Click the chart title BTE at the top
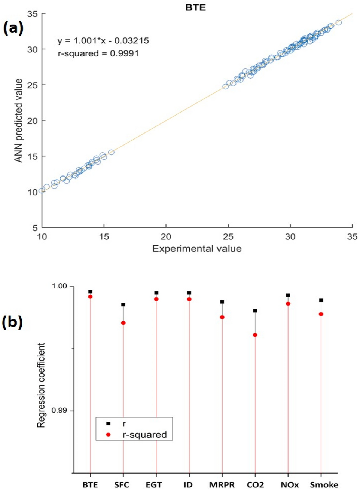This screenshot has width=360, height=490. [x=195, y=7]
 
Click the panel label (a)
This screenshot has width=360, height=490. [x=13, y=28]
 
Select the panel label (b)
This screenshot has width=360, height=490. [x=12, y=322]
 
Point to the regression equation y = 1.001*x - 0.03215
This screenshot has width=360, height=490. [x=103, y=40]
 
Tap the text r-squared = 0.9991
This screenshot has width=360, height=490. [x=98, y=53]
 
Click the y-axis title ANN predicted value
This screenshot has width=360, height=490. [x=18, y=120]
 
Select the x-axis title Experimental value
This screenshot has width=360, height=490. [x=197, y=249]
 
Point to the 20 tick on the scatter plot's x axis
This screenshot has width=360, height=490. [x=166, y=236]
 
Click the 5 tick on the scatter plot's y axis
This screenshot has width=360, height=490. [x=34, y=227]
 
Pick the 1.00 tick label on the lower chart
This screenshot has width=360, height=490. [x=59, y=286]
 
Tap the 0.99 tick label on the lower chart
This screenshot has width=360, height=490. [x=59, y=410]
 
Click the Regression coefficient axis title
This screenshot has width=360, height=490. [x=41, y=385]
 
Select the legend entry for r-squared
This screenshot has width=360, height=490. [x=144, y=435]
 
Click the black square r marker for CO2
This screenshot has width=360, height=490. [x=255, y=310]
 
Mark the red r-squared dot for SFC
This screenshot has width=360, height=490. [x=123, y=323]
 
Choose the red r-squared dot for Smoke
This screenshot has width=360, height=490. [x=321, y=314]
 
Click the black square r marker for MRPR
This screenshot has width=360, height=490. [x=222, y=301]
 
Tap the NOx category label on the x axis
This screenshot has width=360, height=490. [x=290, y=485]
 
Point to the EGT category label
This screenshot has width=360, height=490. [x=154, y=485]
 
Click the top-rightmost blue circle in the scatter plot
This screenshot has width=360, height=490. [x=339, y=22]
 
